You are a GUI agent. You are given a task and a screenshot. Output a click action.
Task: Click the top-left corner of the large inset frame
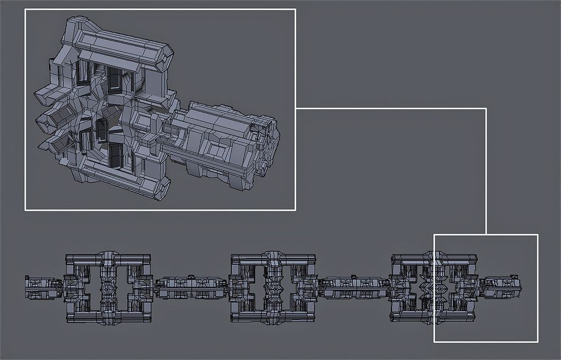point(25,10)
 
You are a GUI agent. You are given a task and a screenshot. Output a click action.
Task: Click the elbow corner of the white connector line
point(486,108)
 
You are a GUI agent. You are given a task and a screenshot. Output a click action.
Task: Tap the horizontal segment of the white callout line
point(390,108)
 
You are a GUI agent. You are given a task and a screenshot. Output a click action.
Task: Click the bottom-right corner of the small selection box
point(537,342)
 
